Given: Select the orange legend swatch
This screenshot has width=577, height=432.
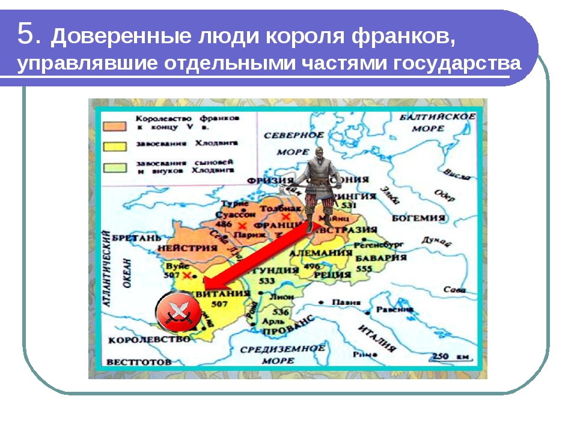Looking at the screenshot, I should coord(114,127).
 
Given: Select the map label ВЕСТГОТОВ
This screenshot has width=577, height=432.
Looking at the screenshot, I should coord(139,362).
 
